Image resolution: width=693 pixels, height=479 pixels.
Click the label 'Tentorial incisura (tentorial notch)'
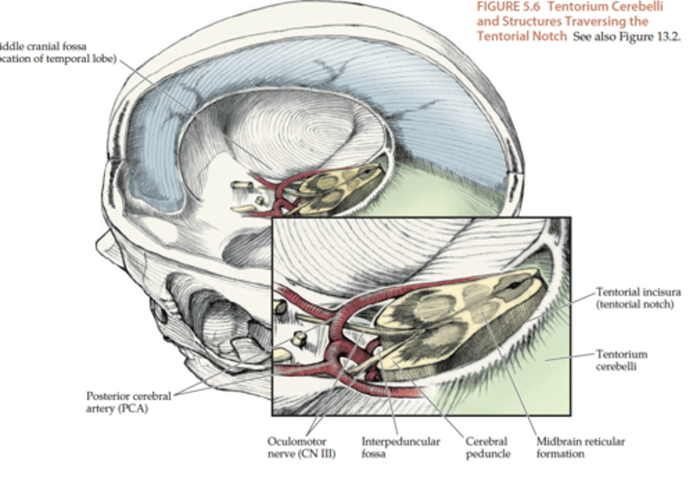pos(638,298)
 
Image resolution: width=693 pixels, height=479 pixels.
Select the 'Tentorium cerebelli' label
pos(621,360)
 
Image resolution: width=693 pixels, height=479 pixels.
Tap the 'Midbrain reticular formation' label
pos(580,447)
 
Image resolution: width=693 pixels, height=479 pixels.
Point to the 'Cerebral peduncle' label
pos(487,447)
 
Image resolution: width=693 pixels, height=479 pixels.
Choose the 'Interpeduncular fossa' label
pos(400,447)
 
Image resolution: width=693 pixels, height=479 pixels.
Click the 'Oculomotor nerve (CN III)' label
pos(301,447)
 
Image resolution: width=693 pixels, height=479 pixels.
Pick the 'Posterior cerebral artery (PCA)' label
pos(128,402)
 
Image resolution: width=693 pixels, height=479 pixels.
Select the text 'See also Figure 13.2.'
pos(627,37)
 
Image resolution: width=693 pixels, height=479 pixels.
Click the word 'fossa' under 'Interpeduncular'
pos(373,454)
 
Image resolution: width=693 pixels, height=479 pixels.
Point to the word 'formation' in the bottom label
pos(560,454)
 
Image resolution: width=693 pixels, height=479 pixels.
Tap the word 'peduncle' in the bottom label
pos(488,454)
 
